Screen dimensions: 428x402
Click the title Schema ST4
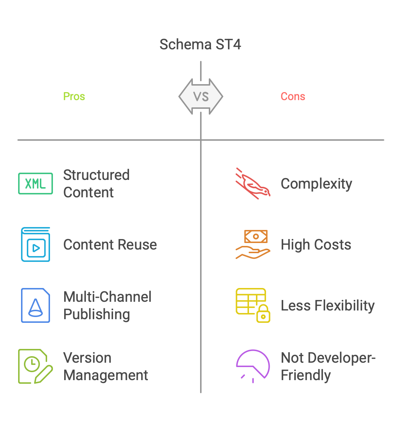(x=200, y=45)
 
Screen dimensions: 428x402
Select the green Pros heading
(x=74, y=96)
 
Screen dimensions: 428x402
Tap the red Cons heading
(x=293, y=96)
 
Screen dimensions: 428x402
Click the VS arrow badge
(x=201, y=96)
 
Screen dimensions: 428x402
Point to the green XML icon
(x=36, y=184)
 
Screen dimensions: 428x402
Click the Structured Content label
(x=96, y=184)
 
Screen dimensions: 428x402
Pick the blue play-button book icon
(x=36, y=245)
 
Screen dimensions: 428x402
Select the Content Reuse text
(x=110, y=245)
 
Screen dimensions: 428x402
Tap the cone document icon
(x=36, y=306)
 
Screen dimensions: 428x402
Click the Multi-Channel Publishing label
(x=107, y=306)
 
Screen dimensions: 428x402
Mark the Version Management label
(x=105, y=366)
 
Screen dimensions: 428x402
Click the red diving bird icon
(x=253, y=184)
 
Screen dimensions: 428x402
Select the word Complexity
(x=316, y=184)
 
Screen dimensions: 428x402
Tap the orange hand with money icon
(x=253, y=245)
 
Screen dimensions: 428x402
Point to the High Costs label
(x=316, y=245)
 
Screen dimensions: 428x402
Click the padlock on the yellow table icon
(x=264, y=314)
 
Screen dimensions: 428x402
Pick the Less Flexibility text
(x=328, y=306)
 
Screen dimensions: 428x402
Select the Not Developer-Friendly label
(x=328, y=366)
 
